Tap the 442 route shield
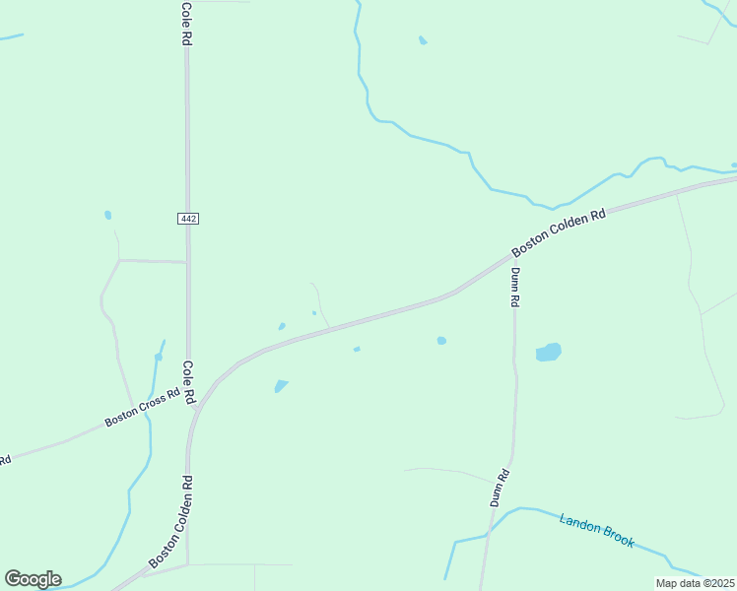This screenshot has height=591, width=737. pos(189,218)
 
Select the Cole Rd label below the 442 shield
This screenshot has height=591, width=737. pos(188,382)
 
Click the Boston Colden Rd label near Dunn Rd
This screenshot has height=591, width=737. pos(558,234)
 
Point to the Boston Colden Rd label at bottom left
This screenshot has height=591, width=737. pos(170,523)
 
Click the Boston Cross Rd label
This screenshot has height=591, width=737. pos(143,406)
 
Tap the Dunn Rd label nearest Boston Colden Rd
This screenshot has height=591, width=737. pos(514,288)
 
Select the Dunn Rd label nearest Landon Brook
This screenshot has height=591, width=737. pos(501,488)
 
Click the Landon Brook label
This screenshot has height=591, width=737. pos(597,531)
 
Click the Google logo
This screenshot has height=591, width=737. pos(33,579)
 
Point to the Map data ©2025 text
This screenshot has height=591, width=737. pos(694,583)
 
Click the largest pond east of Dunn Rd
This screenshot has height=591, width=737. pos(549,352)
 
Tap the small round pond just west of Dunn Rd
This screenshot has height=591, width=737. pos(441,341)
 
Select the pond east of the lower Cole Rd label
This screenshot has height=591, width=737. pos(281,385)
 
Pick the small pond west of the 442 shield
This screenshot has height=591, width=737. pos(108,215)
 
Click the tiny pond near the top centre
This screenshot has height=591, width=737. pos(423,40)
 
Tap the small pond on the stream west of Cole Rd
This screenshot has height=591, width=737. pos(158,357)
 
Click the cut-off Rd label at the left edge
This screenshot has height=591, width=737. pos(4,460)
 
